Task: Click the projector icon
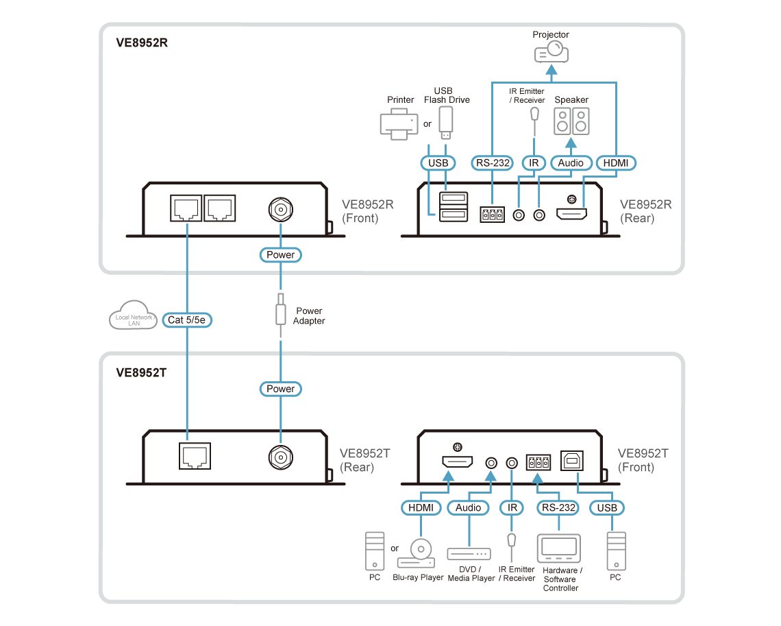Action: click(551, 52)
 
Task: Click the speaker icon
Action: click(571, 121)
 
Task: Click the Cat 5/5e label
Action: click(187, 320)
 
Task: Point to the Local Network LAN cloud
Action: click(133, 315)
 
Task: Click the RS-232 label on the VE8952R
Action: click(493, 163)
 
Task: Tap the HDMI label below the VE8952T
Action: click(421, 508)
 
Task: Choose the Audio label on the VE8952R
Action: click(571, 163)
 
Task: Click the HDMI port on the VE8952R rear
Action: click(572, 215)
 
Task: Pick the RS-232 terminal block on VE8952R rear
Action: click(492, 215)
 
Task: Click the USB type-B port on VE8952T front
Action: click(572, 461)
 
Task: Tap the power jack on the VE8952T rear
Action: click(281, 457)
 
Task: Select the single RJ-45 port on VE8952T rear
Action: click(195, 456)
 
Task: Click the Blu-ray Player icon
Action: click(417, 553)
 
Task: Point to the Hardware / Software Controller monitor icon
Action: click(559, 549)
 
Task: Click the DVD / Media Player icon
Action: click(469, 554)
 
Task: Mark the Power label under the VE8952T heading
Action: click(281, 389)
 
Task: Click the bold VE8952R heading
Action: click(142, 43)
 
